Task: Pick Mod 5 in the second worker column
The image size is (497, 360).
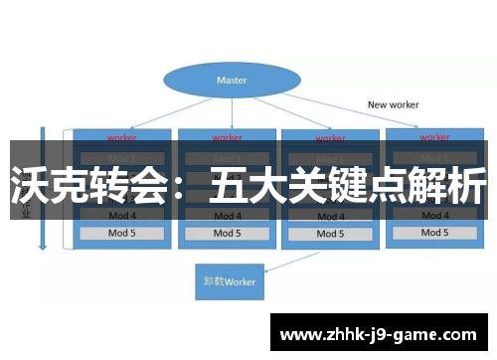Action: pos(226,234)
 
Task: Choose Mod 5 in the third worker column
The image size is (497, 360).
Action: pos(330,234)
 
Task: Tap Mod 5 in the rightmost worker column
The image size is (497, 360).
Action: pos(434,233)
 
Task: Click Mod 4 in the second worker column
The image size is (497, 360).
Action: pos(226,215)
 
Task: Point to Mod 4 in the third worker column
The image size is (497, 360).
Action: pos(330,215)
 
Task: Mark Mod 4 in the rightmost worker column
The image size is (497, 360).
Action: pos(434,214)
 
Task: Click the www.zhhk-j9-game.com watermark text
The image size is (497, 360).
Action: pos(378,335)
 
